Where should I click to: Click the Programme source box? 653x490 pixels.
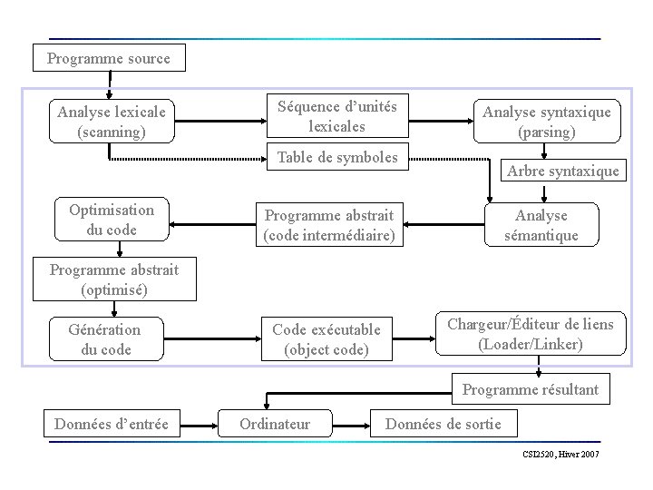click(109, 59)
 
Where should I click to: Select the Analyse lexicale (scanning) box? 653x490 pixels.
click(112, 122)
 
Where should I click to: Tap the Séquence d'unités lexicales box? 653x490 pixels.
click(336, 116)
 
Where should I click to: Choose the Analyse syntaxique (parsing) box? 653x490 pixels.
click(546, 122)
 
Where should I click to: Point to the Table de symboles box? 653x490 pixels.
click(336, 158)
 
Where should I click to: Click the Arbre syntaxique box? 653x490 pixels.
click(563, 171)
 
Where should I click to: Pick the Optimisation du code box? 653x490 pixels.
click(112, 220)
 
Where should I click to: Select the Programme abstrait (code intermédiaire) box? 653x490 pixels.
click(328, 226)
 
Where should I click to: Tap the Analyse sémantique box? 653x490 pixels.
click(541, 225)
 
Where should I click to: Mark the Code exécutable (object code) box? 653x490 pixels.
click(326, 338)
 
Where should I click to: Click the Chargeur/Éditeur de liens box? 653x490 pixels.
click(531, 334)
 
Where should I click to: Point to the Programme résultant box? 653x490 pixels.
click(531, 390)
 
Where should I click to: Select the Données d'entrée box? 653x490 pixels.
click(112, 423)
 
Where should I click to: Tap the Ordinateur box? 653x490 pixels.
click(275, 424)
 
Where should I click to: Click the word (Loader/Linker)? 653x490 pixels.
click(531, 345)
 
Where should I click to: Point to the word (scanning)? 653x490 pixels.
click(112, 132)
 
